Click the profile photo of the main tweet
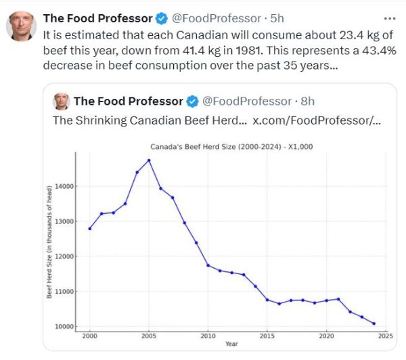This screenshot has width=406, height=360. (x=21, y=26)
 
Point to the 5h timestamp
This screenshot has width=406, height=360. (x=277, y=18)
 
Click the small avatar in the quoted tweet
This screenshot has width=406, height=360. (x=62, y=102)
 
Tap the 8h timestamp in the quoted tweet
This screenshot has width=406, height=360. (x=307, y=102)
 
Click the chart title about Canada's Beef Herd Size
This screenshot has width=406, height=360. (x=231, y=147)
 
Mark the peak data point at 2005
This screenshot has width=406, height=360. (x=149, y=160)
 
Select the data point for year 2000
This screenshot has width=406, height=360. (x=89, y=229)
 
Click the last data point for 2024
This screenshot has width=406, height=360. (x=374, y=323)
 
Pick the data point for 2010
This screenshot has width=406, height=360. (x=208, y=265)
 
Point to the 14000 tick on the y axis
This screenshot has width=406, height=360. (x=65, y=186)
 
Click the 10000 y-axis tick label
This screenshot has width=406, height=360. (x=65, y=327)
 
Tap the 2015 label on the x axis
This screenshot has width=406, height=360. (x=267, y=336)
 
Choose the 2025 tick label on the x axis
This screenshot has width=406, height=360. (x=386, y=336)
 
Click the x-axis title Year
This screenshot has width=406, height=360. (x=231, y=344)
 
